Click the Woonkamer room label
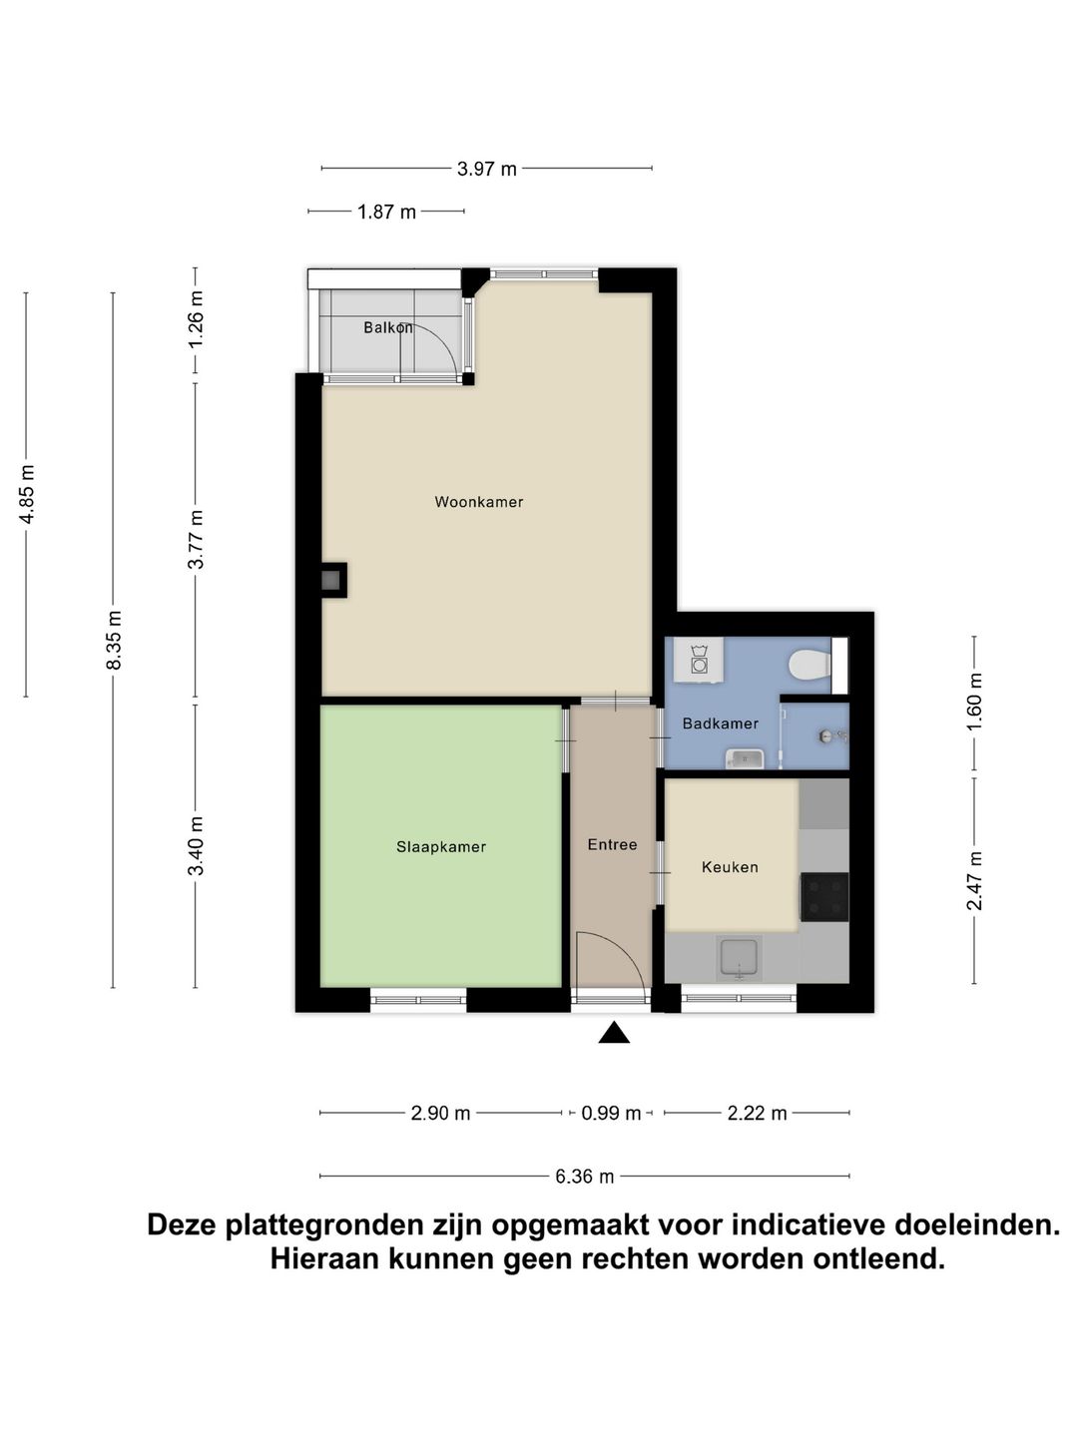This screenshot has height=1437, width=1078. [478, 502]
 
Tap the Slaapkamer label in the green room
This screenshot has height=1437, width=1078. [441, 847]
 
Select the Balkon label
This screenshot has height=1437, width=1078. [387, 327]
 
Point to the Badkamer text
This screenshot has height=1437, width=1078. [720, 723]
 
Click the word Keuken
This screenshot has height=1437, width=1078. [730, 867]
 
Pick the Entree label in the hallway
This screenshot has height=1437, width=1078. [612, 844]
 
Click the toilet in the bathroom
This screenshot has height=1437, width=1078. [808, 664]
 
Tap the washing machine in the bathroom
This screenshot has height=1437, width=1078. [699, 661]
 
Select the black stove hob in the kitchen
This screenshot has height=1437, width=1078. [824, 895]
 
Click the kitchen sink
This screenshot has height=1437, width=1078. [739, 958]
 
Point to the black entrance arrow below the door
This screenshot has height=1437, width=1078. [614, 1034]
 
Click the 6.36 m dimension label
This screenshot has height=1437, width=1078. [584, 1177]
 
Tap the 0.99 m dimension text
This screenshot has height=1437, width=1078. [611, 1113]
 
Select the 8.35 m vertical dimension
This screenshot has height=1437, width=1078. [114, 640]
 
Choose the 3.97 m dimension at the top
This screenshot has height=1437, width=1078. [487, 169]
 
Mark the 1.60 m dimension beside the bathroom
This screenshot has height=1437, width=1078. [975, 703]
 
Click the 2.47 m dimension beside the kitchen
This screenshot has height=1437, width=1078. [975, 879]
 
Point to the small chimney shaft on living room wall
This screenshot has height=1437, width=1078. [332, 580]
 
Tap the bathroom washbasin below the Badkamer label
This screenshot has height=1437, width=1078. [745, 759]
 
